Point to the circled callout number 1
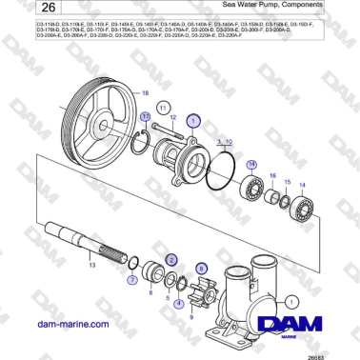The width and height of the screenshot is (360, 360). coord(193,122)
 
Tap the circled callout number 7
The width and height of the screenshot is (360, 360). coord(131,281)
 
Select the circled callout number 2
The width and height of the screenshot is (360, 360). coord(171,258)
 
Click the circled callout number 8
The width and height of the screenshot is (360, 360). coord(200,270)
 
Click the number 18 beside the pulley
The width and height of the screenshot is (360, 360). coord(146,93)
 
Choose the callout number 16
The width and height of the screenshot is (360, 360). coord(274,177)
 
